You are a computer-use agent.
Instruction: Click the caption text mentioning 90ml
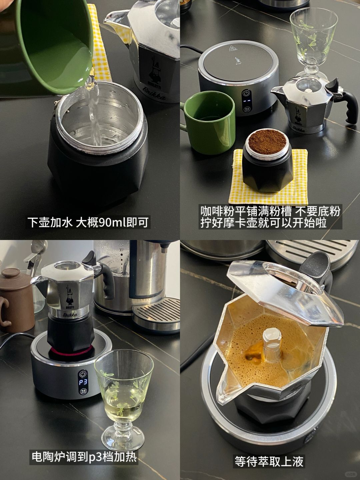[x=88, y=222]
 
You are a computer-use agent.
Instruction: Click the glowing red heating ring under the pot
[x=70, y=351]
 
